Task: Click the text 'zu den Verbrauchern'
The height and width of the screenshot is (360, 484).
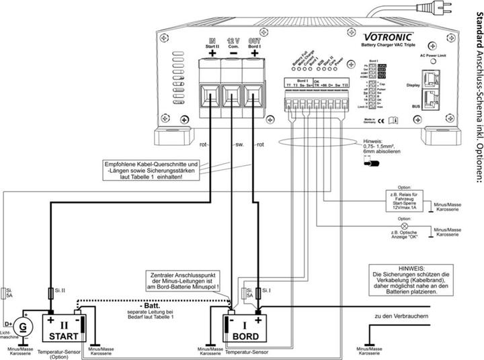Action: click(x=402, y=316)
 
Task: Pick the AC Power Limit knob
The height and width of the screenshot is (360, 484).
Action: click(x=432, y=61)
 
